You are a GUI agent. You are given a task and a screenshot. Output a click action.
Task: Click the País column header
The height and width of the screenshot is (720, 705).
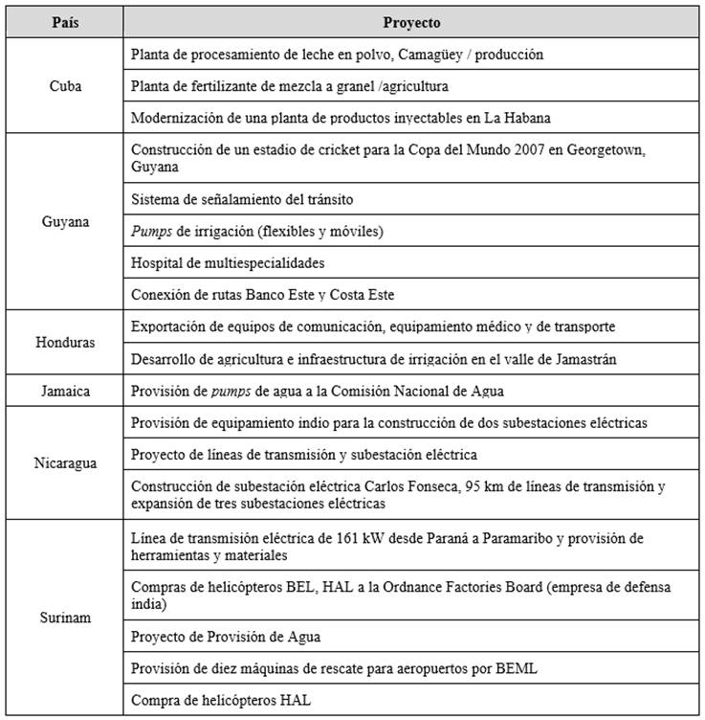tap(65, 22)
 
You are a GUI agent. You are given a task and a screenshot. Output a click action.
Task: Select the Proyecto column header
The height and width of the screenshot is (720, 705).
tap(411, 22)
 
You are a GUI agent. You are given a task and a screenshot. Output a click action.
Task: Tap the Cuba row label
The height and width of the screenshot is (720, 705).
tap(65, 86)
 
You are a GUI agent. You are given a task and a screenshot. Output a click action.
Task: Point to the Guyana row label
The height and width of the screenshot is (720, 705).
tap(65, 222)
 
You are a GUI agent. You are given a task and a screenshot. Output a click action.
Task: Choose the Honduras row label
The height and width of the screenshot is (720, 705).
tap(65, 343)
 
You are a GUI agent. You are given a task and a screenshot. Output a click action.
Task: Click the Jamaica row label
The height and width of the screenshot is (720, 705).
tap(65, 391)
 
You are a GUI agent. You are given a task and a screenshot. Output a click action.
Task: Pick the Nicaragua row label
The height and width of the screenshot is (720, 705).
tap(65, 462)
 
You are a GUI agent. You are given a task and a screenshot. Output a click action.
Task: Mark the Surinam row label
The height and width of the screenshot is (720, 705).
tap(65, 618)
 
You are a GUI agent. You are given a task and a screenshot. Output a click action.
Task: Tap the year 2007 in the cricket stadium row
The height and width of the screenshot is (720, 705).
tap(540, 150)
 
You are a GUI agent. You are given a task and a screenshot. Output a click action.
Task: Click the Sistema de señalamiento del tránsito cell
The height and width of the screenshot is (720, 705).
tap(242, 199)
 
